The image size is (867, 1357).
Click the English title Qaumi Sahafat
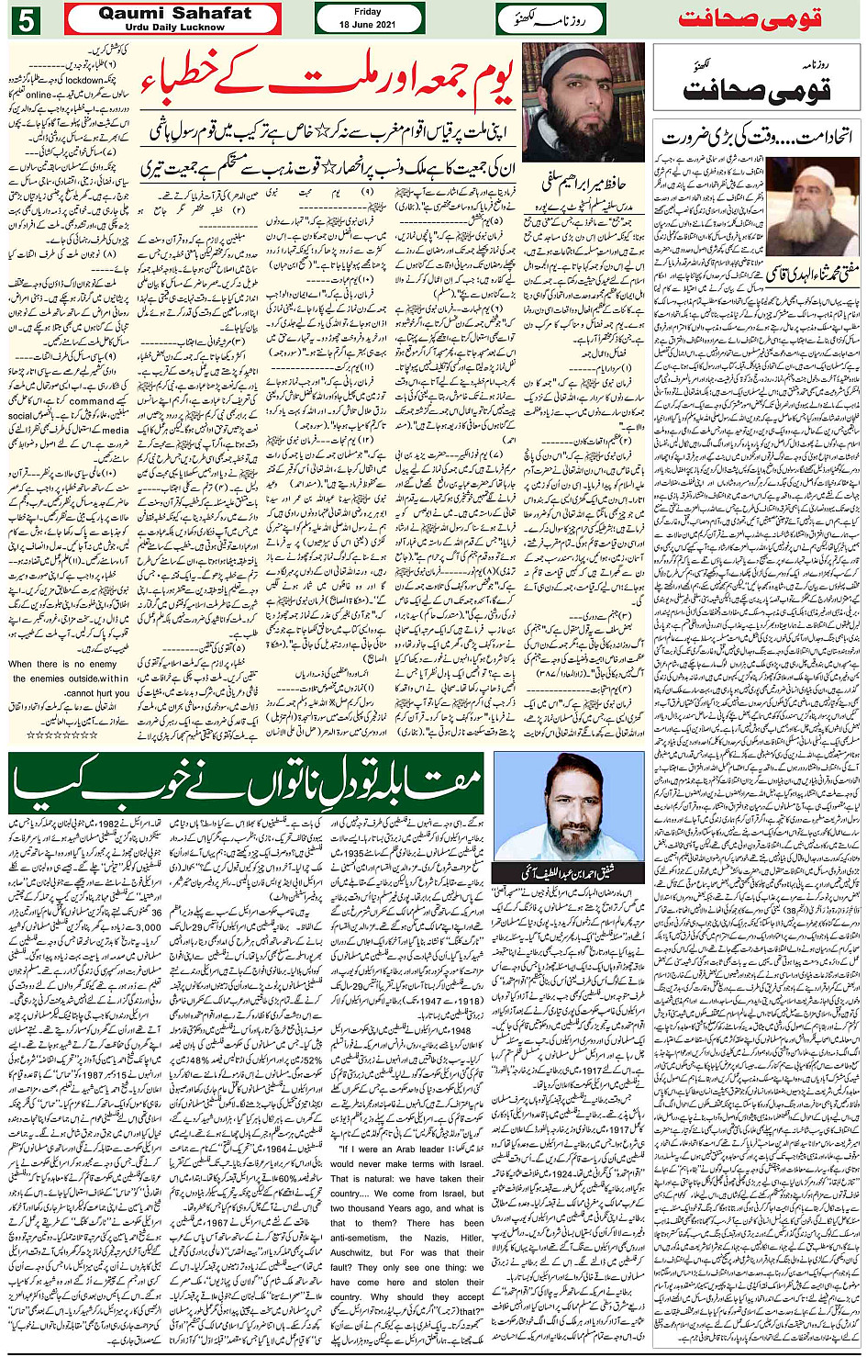[x=174, y=13]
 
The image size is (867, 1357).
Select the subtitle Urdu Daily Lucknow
[x=174, y=28]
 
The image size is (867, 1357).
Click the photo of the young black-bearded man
[x=584, y=103]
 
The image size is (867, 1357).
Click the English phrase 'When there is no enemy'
[x=62, y=664]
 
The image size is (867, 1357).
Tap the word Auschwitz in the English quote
[x=354, y=1251]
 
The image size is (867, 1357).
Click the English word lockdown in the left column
[x=84, y=80]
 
